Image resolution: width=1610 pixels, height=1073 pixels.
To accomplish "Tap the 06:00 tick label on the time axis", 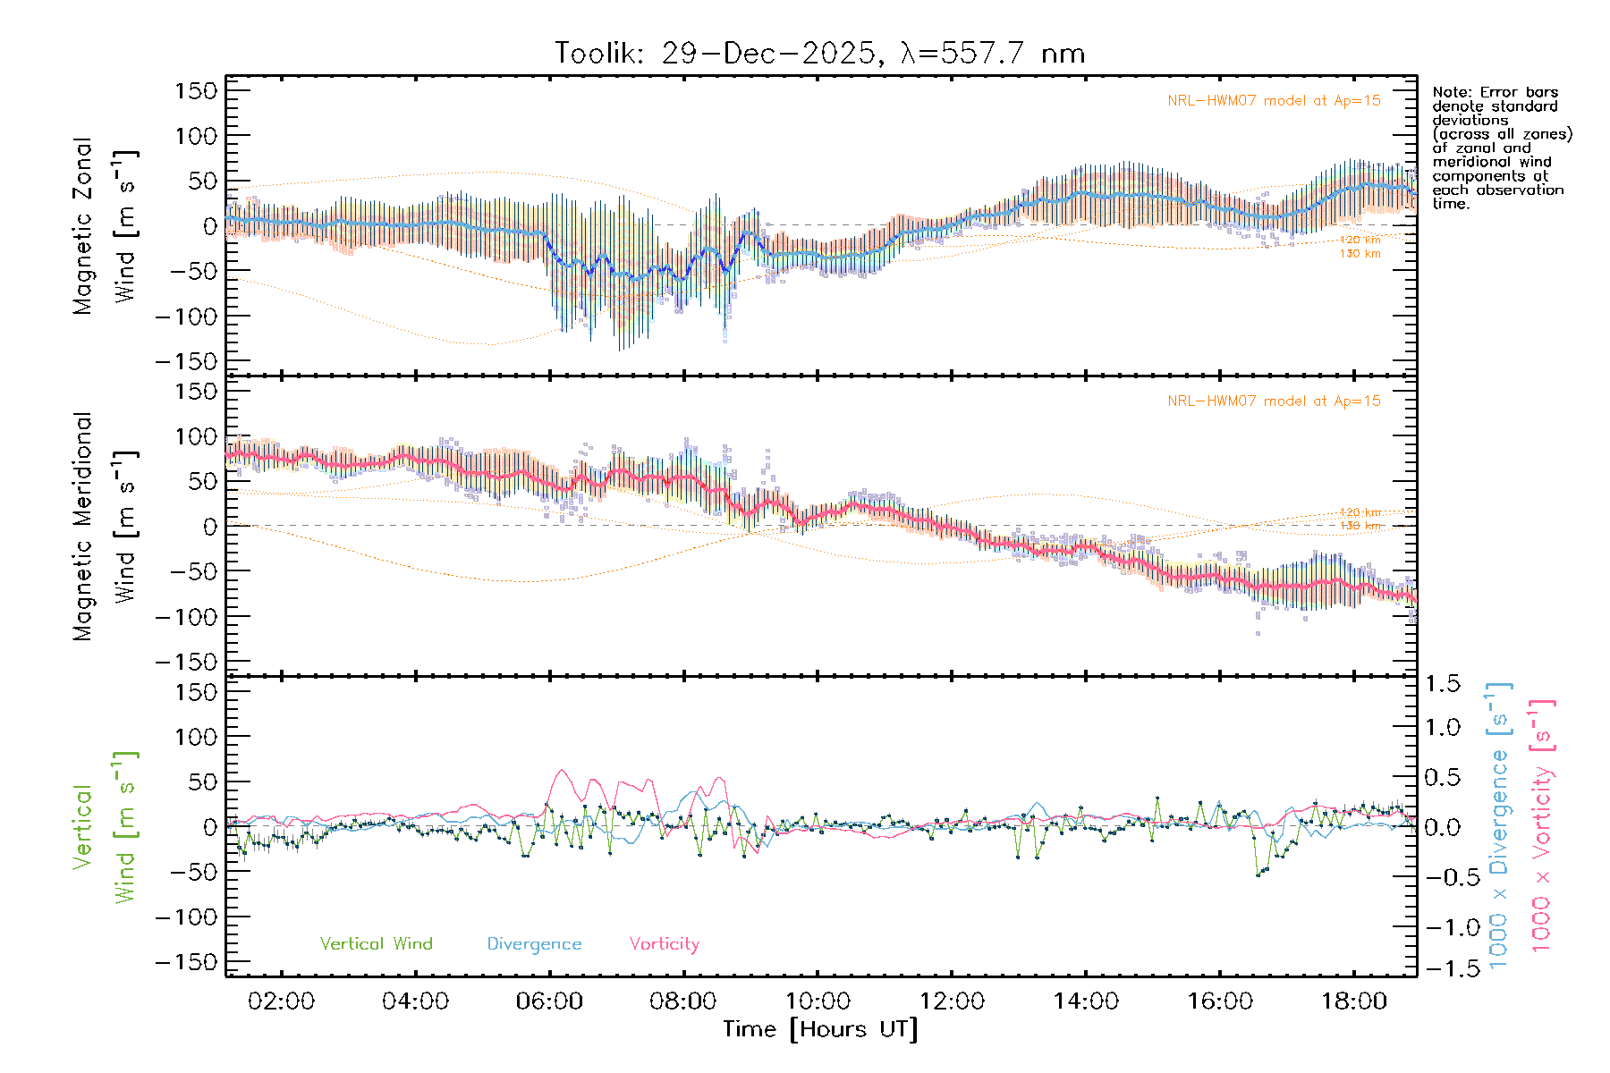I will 549,1001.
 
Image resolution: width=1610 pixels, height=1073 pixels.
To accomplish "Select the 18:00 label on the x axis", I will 1354,1001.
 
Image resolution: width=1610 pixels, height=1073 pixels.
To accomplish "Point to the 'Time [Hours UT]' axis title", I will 820,1029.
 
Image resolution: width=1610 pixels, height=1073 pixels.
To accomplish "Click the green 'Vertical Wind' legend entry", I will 376,943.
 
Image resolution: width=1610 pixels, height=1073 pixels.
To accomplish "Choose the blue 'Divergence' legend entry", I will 534,943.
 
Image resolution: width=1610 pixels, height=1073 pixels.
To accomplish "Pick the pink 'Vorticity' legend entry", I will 664,943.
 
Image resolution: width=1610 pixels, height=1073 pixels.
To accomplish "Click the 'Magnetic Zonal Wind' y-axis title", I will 105,226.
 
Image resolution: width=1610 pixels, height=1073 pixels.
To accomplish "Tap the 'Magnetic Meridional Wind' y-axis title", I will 105,527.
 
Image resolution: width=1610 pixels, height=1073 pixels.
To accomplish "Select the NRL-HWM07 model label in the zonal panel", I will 1274,101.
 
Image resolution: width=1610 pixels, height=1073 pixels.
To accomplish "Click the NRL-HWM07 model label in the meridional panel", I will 1274,401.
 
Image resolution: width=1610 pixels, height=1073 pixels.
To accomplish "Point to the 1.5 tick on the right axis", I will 1442,684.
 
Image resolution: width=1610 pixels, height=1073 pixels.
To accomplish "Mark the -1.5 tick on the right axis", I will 1442,968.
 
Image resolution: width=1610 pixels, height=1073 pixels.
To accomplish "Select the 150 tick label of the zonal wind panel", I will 196,90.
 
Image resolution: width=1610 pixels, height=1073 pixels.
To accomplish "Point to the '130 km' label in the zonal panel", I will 1360,254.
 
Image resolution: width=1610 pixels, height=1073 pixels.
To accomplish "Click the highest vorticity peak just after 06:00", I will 561,770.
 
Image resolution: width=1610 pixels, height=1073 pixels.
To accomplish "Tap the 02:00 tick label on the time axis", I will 281,1001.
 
